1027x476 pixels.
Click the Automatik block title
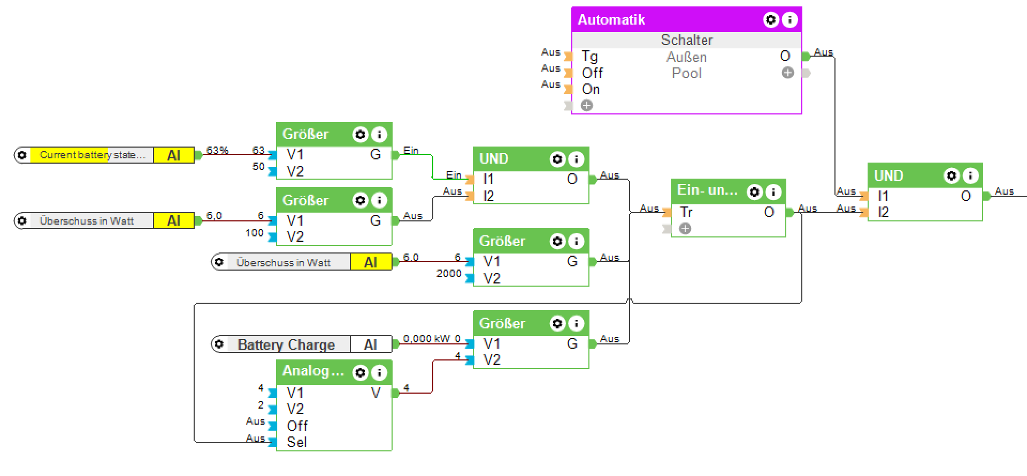611,20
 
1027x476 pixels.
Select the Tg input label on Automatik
589,57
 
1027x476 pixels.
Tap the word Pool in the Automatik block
686,73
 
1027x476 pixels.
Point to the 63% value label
217,150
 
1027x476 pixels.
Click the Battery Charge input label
286,344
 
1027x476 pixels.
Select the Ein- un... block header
707,190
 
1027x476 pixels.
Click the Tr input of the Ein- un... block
686,212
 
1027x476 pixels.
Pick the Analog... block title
313,371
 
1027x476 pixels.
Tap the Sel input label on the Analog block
297,442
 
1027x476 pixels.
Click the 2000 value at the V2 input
449,274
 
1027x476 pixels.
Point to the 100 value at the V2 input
255,233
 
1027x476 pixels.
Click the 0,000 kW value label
426,339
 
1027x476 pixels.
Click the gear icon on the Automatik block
771,20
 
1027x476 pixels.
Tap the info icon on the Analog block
379,372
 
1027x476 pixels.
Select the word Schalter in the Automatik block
687,40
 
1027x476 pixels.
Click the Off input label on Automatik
593,73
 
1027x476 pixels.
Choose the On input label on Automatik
591,89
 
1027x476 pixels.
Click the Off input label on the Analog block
297,426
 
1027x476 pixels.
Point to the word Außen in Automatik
686,57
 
